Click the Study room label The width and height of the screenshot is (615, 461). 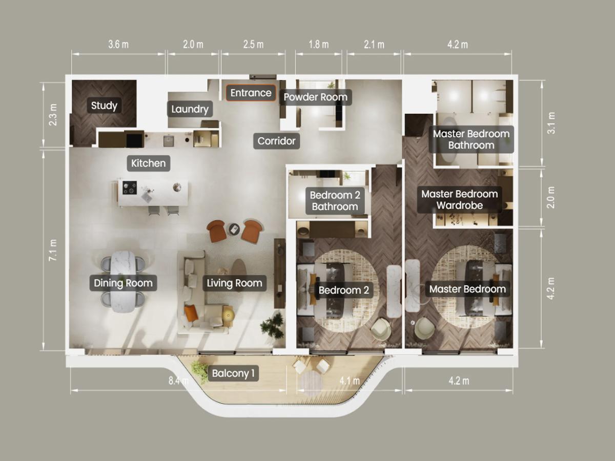click(x=104, y=106)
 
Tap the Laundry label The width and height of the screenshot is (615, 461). click(x=190, y=109)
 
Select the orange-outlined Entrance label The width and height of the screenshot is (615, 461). click(x=251, y=93)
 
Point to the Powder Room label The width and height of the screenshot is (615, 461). click(x=315, y=97)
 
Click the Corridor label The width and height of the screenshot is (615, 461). click(x=277, y=140)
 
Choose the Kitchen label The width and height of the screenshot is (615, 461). click(x=148, y=163)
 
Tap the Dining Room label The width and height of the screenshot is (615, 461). click(x=123, y=283)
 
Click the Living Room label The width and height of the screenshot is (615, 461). click(x=234, y=283)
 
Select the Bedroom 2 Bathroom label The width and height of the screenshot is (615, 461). click(x=335, y=201)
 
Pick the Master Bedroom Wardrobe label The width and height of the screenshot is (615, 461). click(x=459, y=200)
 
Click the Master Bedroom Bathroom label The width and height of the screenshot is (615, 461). click(x=471, y=139)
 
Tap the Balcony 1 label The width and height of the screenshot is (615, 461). click(x=233, y=373)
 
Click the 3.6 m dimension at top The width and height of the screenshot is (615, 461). click(x=118, y=45)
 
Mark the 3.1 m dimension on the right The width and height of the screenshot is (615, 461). click(x=551, y=123)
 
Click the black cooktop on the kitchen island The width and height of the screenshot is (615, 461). click(x=129, y=187)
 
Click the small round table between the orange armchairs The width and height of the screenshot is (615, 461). click(x=234, y=229)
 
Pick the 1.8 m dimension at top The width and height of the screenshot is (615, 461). click(x=319, y=45)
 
